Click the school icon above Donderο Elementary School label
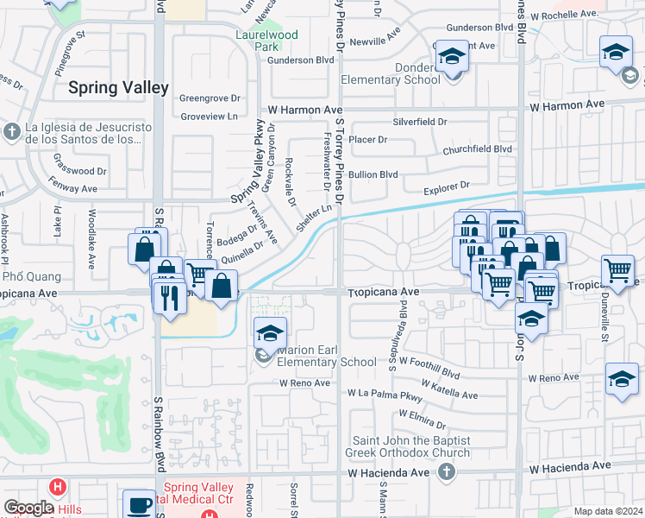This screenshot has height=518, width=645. [x=450, y=57]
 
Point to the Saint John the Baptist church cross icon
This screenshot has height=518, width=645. [x=445, y=471]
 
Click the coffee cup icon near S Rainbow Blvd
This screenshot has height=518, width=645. [x=138, y=505]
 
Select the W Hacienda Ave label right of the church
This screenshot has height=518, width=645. [x=570, y=467]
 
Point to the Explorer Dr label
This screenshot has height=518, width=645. [x=447, y=185]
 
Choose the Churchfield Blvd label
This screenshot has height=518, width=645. [x=478, y=148]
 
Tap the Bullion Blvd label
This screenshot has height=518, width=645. [x=373, y=174]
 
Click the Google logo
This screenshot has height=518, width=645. [x=28, y=508]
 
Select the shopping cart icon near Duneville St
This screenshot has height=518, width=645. [x=618, y=271]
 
